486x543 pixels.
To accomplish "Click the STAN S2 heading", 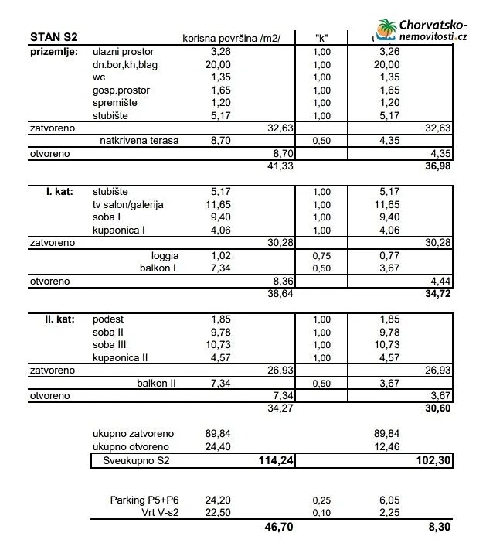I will (x=53, y=37).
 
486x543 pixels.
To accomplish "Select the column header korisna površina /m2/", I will (x=232, y=38).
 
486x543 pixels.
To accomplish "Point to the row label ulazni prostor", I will (x=124, y=51).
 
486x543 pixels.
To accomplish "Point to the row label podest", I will (x=108, y=319).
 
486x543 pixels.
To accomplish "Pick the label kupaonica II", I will (x=120, y=357).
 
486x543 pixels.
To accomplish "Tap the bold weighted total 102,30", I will (x=432, y=461).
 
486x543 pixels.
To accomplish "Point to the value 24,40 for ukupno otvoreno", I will (x=219, y=447).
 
